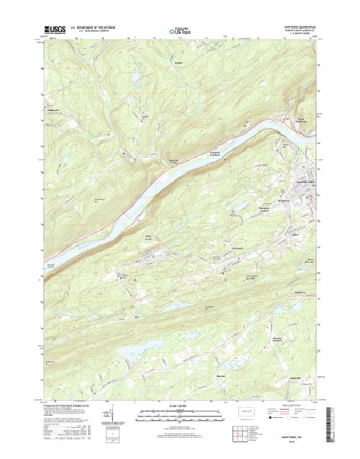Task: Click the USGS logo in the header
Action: point(55,31)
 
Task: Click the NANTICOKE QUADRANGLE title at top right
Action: point(295,29)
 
